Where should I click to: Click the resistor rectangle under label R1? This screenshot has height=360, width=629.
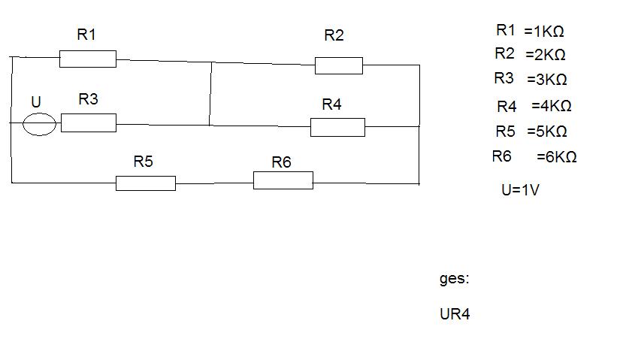point(88,59)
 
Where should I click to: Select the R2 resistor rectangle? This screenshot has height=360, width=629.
point(339,66)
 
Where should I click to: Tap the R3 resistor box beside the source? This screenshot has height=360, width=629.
point(89,123)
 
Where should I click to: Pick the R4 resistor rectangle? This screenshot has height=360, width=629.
point(337,127)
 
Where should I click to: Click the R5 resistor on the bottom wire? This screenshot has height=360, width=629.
point(146,183)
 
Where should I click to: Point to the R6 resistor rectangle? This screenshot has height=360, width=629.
point(283,180)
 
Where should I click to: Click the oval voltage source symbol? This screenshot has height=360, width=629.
point(39,124)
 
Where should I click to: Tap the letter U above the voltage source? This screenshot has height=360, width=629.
point(36,102)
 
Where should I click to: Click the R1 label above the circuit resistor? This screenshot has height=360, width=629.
point(86,35)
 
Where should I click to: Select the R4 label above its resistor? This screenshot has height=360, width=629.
point(331,104)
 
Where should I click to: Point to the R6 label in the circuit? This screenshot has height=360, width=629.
point(281,162)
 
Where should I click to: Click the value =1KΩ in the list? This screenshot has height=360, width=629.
point(544,32)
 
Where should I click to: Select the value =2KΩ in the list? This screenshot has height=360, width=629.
point(546,55)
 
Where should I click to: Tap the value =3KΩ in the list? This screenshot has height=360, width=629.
point(547,80)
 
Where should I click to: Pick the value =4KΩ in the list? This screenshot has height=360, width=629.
point(552,106)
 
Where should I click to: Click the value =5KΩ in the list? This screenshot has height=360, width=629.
point(547,132)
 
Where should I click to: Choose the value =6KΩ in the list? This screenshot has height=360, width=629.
point(557,156)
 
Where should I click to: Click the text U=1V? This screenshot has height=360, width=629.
point(521,189)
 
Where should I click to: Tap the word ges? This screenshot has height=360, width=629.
point(455,279)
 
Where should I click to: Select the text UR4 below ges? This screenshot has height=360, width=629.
point(455,314)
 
